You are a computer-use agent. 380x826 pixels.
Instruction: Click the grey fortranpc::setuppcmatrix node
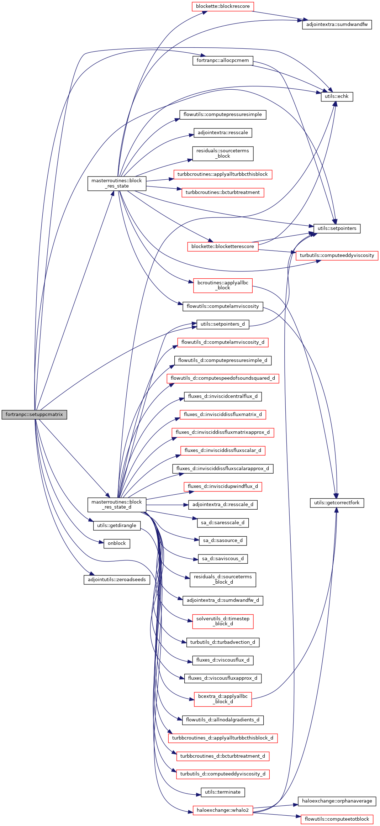34,415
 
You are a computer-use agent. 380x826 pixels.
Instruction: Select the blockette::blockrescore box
223,6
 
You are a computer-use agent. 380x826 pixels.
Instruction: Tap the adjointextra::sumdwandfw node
337,25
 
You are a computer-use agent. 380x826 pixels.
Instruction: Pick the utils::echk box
337,96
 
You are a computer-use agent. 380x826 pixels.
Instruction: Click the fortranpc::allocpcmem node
223,60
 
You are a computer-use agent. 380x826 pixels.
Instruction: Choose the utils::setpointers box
337,228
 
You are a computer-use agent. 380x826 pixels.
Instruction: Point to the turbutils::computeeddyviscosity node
337,256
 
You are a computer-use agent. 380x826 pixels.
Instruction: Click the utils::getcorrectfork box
337,503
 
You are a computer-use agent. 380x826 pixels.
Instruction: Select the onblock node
117,543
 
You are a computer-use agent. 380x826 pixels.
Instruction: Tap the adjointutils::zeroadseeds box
117,580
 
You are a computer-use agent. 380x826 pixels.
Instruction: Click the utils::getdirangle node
117,526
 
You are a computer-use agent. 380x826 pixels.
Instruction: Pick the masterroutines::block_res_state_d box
117,505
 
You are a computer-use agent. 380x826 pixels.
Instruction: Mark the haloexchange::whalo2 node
223,810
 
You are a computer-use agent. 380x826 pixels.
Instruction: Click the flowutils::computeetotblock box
337,819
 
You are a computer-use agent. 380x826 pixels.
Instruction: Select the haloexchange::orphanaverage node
337,801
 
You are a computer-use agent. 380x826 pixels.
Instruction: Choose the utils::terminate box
223,792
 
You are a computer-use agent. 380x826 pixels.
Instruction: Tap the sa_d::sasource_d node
223,541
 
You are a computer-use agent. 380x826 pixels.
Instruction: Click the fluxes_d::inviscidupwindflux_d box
223,486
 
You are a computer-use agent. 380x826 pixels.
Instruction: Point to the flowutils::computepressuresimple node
223,115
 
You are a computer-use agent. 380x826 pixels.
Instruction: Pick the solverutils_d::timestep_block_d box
223,621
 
